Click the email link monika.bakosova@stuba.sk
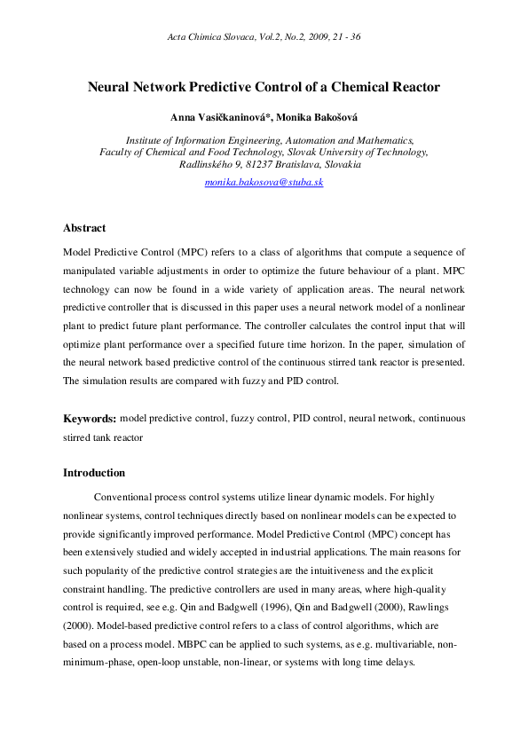(x=264, y=181)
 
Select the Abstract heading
(x=84, y=229)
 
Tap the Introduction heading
(x=94, y=473)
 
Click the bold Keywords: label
(x=90, y=418)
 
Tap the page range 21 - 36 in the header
(x=343, y=36)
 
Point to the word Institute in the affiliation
(x=145, y=140)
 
